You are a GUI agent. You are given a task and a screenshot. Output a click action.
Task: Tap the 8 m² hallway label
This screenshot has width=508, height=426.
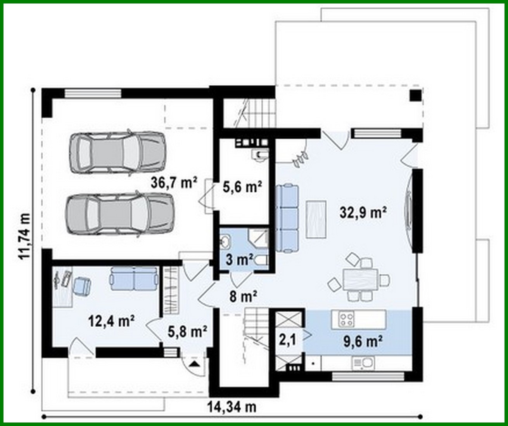coord(243,297)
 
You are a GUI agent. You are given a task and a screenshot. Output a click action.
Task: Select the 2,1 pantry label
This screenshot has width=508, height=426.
coord(288,340)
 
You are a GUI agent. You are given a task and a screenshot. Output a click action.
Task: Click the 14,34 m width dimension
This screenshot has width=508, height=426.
coord(232,407)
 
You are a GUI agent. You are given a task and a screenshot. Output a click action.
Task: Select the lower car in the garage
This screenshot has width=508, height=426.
coord(119,214)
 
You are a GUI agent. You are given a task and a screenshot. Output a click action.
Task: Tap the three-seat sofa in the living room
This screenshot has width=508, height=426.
coord(287,219)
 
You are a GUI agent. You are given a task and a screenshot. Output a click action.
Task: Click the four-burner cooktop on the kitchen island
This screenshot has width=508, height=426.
coord(347,319)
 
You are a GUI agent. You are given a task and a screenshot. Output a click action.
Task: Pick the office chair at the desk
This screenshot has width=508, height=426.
coord(81,286)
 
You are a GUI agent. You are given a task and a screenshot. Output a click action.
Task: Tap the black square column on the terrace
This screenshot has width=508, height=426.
coord(415,96)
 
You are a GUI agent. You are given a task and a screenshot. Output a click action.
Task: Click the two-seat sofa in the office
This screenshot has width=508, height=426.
coord(134,279)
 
